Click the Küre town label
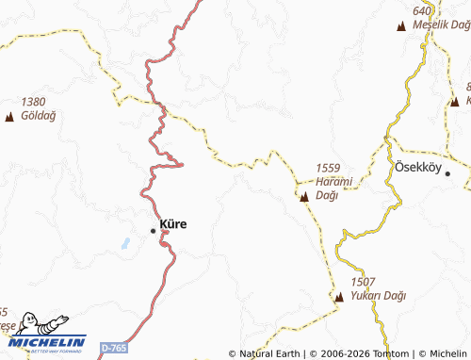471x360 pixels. [x=173, y=224]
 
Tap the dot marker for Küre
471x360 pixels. [x=154, y=230]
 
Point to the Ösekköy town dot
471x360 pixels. [x=448, y=173]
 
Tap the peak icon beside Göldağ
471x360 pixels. [x=9, y=117]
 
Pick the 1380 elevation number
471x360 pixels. [x=34, y=101]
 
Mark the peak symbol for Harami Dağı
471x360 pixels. [x=304, y=198]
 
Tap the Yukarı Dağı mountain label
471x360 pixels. [x=377, y=296]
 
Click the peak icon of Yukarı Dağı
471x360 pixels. [x=339, y=298]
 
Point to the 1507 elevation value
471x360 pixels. [x=363, y=282]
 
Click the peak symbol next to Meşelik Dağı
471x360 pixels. [x=404, y=25]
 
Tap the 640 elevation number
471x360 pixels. [x=422, y=9]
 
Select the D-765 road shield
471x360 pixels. [x=113, y=349]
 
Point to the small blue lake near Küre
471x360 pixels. [x=125, y=243]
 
